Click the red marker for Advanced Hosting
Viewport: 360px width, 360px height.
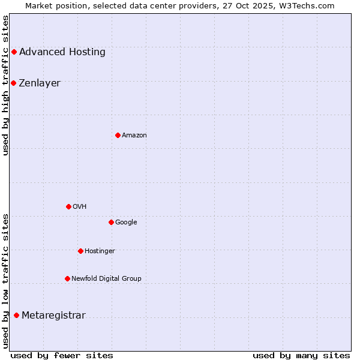point(14,52)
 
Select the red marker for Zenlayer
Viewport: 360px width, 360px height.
point(13,83)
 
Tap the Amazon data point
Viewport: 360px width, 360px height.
point(118,135)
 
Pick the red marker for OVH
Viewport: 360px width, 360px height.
point(68,206)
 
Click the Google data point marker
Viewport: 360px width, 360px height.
point(111,222)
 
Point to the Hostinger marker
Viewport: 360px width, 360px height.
point(80,251)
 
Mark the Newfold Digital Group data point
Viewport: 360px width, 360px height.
point(67,278)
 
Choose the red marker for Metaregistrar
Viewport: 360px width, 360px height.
point(16,316)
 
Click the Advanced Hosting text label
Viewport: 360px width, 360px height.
point(62,52)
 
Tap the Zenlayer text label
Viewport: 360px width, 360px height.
point(40,83)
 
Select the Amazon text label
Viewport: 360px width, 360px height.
point(134,136)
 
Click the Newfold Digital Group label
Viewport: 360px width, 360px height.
point(106,278)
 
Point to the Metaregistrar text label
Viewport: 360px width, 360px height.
point(53,316)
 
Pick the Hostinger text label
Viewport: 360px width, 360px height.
point(100,251)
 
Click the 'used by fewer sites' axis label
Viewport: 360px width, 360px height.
point(62,355)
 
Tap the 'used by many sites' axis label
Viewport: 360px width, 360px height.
point(301,355)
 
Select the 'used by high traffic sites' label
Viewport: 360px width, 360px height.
point(5,85)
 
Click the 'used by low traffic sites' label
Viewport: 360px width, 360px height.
point(5,280)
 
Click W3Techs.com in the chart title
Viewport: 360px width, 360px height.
point(308,5)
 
